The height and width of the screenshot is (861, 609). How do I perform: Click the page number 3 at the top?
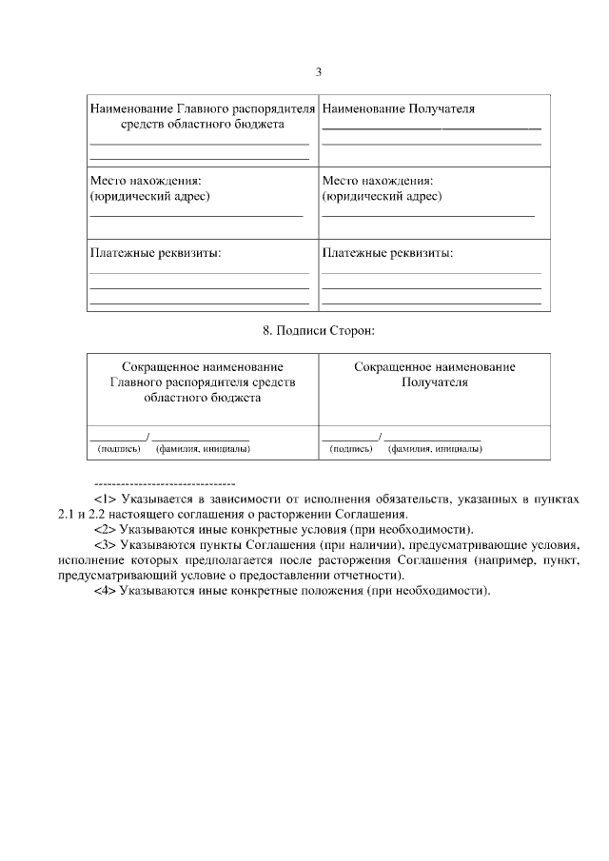click(320, 72)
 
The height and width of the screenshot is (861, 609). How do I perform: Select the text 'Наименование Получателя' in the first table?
click(398, 108)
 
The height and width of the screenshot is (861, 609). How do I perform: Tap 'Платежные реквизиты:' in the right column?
click(387, 253)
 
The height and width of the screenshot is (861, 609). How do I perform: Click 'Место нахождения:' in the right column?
click(378, 180)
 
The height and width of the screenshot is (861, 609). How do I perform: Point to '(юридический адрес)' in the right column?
click(382, 196)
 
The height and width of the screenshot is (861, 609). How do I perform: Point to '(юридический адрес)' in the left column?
click(149, 196)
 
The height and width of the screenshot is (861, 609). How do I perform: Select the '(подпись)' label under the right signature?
click(351, 448)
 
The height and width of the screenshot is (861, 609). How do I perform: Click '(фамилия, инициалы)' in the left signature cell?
click(204, 448)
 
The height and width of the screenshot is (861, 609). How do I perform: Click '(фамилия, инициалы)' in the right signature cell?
click(435, 448)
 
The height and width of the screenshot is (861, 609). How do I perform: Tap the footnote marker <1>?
click(105, 498)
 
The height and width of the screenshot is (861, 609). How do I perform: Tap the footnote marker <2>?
click(105, 529)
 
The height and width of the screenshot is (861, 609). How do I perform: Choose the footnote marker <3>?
click(105, 544)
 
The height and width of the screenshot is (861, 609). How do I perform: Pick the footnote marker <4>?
click(105, 591)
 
